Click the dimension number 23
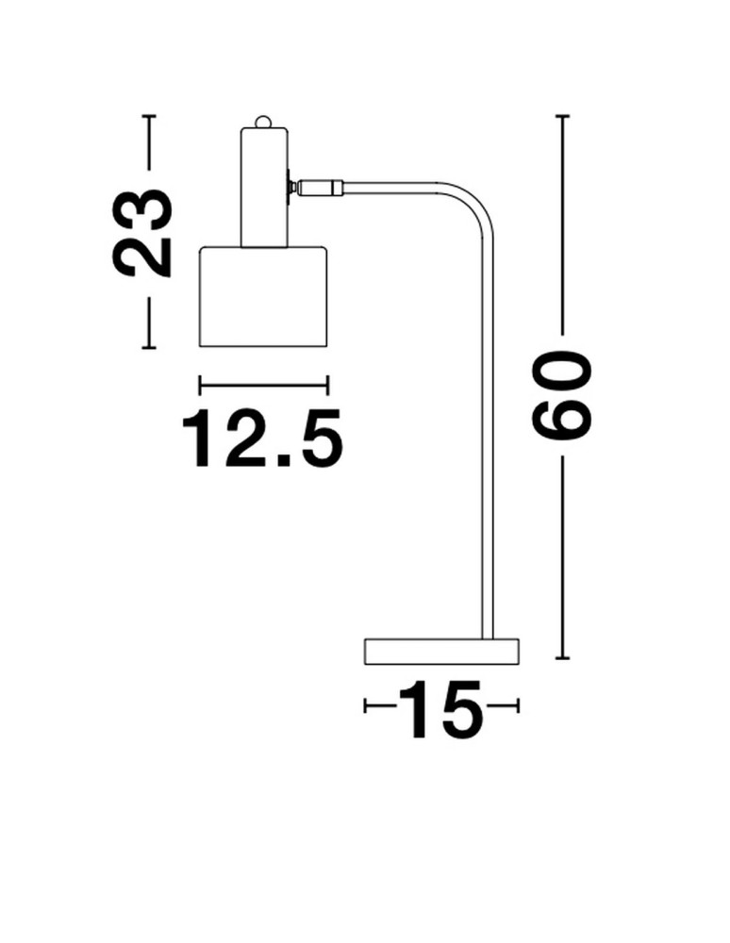click(x=142, y=232)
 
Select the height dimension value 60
click(x=562, y=393)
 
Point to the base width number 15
click(x=441, y=709)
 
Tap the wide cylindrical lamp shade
click(x=263, y=296)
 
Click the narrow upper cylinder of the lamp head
click(x=265, y=187)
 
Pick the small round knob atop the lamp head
click(x=263, y=122)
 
